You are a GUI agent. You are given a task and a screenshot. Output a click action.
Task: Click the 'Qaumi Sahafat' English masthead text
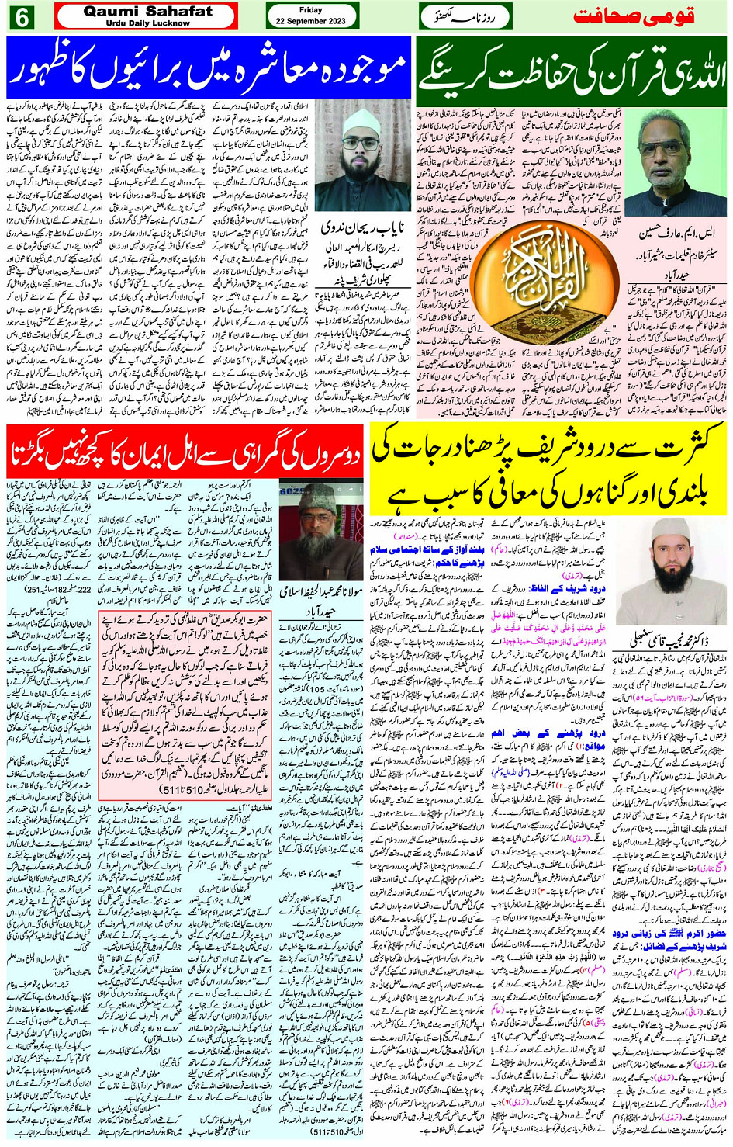pos(147,12)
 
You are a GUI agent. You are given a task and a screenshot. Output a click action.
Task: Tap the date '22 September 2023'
pos(310,21)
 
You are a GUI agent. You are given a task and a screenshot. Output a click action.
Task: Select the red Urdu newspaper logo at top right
pos(643,16)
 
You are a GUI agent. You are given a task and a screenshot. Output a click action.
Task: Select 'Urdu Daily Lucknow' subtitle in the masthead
pos(147,23)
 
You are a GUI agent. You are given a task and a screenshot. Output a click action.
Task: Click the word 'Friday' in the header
pos(310,10)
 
